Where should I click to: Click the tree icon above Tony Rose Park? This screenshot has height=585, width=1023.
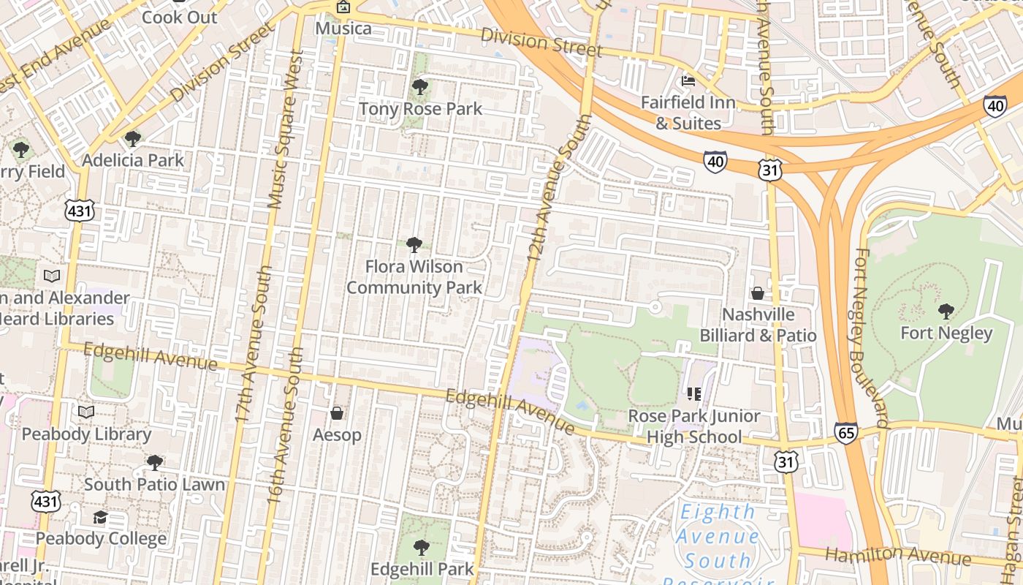tap(419, 88)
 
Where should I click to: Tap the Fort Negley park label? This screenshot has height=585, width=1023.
tap(946, 333)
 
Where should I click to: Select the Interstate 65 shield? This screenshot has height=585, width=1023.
tap(845, 433)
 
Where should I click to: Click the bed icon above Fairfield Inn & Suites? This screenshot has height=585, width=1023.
tap(688, 80)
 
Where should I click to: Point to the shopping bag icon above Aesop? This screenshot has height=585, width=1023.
tap(337, 414)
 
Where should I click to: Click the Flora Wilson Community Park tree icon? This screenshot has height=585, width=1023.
tap(414, 245)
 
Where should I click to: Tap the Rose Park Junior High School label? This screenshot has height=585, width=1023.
tap(694, 426)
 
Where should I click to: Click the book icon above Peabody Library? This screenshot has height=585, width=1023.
tap(86, 412)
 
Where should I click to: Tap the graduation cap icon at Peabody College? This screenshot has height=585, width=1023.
tap(101, 518)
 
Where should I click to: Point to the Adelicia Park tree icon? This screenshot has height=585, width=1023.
tap(132, 138)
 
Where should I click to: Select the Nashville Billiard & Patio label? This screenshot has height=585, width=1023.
tap(758, 325)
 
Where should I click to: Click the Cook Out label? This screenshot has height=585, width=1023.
tap(180, 17)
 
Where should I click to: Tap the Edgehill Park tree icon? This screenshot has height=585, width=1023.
tap(421, 547)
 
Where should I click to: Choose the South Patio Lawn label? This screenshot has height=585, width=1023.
tap(154, 484)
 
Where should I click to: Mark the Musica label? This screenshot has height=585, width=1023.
tap(343, 29)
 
